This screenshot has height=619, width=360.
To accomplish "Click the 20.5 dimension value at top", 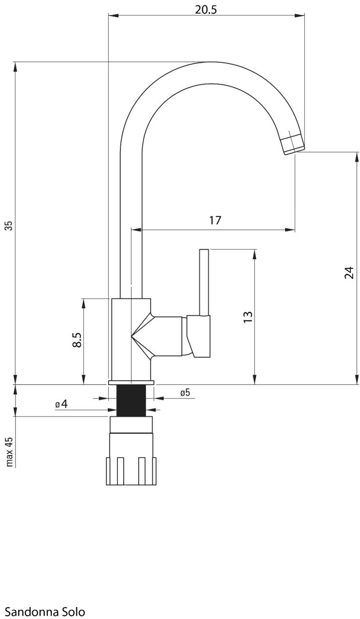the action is click(206, 10).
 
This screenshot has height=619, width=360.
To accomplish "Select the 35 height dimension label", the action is click(9, 225).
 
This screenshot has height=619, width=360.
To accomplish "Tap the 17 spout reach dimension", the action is click(215, 221).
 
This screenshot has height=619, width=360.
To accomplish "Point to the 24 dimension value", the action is click(349, 272).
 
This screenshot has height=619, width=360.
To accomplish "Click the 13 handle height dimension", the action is click(248, 317).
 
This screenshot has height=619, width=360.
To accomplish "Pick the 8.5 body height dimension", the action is click(78, 339).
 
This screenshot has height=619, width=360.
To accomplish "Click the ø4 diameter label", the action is click(61, 404).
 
